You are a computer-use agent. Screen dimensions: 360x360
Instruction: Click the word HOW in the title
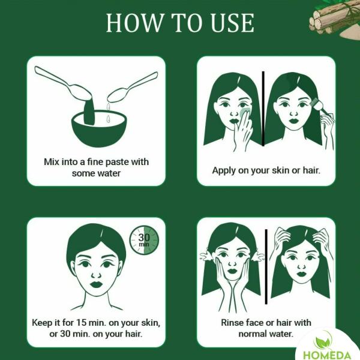[134, 23]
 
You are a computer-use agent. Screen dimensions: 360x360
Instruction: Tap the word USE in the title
[232, 23]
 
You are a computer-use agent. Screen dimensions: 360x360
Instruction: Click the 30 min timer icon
[144, 241]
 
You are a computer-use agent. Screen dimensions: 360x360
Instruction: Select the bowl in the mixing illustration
[99, 128]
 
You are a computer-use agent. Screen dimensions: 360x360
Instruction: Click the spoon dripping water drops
[133, 87]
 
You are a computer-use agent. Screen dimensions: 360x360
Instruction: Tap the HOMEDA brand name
[327, 355]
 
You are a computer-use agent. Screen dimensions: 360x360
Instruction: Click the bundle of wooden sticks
[333, 19]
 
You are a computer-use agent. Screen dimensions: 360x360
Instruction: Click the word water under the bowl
[109, 173]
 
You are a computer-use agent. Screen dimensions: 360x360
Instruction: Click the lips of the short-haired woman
[96, 284]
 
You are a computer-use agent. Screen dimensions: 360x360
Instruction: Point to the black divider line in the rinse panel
[266, 266]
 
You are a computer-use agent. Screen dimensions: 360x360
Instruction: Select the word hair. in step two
[311, 170]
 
